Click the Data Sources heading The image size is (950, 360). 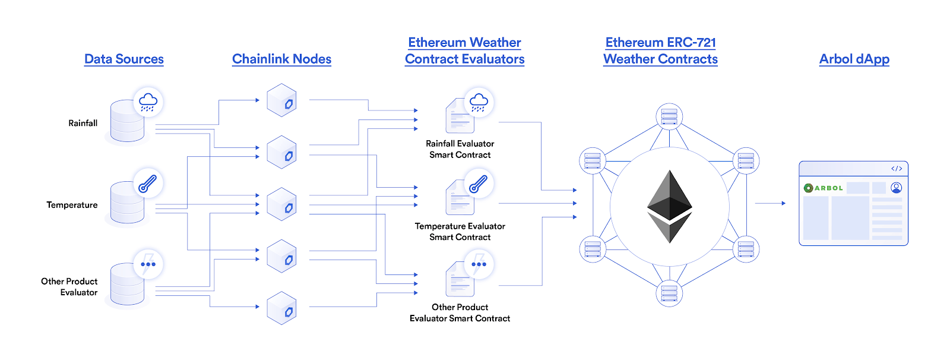click(123, 59)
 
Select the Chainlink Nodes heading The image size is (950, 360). click(281, 59)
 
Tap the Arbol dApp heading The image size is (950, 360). click(854, 59)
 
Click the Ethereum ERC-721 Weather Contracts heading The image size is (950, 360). click(660, 50)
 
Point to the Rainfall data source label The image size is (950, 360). click(83, 123)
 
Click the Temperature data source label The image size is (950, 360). click(72, 205)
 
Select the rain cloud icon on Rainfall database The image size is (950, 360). click(148, 102)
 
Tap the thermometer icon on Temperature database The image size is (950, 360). click(147, 184)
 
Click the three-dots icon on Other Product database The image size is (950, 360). click(148, 264)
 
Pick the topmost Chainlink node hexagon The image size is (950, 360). click(281, 100)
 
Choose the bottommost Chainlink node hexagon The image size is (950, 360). click(281, 308)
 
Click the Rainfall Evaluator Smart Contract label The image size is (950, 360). click(460, 149)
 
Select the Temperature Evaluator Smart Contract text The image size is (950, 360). click(460, 231)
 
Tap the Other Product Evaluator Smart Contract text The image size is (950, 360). click(460, 312)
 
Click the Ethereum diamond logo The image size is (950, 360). click(669, 206)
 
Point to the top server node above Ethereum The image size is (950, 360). click(669, 116)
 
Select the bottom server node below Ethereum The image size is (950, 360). click(669, 293)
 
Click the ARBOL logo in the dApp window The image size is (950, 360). click(824, 188)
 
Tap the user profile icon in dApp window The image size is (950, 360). click(897, 188)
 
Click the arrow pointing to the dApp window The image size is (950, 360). click(771, 203)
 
